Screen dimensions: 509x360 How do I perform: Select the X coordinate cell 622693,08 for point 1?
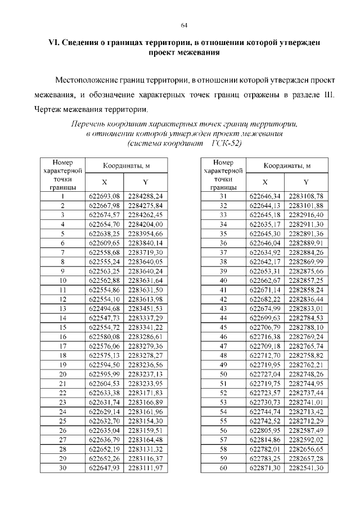pyautogui.click(x=105, y=196)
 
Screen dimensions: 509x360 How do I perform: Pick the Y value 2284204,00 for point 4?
pyautogui.click(x=145, y=223)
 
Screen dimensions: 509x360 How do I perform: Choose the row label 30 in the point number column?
pyautogui.click(x=63, y=467)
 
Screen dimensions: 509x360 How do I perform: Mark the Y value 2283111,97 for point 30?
pyautogui.click(x=145, y=467)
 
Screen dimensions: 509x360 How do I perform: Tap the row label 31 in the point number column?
pyautogui.click(x=223, y=196)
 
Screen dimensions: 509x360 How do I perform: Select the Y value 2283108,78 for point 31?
pyautogui.click(x=305, y=196)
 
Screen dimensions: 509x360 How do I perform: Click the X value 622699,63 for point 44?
pyautogui.click(x=265, y=317)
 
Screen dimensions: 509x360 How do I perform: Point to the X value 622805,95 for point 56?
pyautogui.click(x=265, y=430)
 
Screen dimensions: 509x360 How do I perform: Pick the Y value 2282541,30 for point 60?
pyautogui.click(x=305, y=467)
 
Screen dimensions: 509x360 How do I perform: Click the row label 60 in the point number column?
pyautogui.click(x=223, y=467)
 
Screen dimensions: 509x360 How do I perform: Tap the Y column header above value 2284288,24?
pyautogui.click(x=145, y=182)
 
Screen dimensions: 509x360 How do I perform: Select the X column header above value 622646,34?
pyautogui.click(x=265, y=182)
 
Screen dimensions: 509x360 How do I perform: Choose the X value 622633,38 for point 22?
pyautogui.click(x=105, y=392)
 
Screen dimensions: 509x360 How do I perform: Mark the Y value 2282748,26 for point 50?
pyautogui.click(x=305, y=373)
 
